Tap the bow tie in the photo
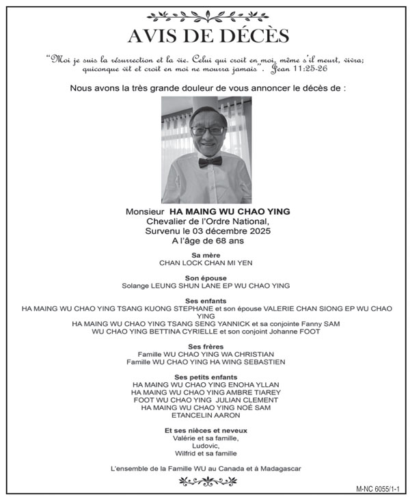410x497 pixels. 211,161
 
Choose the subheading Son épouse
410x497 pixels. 205,278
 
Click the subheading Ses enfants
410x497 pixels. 205,300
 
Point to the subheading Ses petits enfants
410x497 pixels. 205,377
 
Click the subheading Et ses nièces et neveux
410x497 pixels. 205,430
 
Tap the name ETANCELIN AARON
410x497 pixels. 205,415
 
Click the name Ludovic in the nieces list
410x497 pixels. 205,445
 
